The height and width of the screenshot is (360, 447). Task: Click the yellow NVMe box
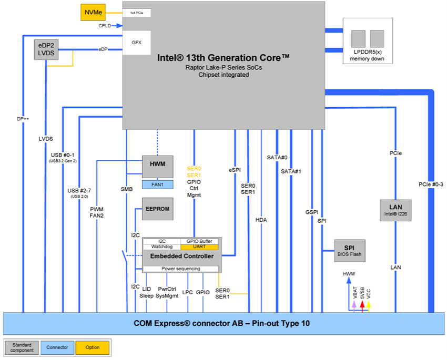click(93, 12)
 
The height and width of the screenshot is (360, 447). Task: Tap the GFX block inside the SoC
click(137, 42)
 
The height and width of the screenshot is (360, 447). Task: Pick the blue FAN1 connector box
click(158, 184)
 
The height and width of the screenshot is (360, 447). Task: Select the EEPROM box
click(157, 209)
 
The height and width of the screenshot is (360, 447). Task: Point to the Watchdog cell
click(161, 246)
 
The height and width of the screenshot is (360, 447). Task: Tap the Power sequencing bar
click(180, 269)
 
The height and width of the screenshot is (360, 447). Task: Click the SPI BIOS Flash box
click(349, 251)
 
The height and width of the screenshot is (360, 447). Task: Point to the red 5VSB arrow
click(362, 305)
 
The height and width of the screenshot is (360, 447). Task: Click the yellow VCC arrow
click(369, 305)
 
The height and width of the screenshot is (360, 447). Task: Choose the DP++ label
click(23, 119)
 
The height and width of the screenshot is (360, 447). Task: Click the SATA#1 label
click(291, 171)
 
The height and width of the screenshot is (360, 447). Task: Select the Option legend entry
click(92, 347)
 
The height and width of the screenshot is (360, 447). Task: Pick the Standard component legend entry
click(22, 347)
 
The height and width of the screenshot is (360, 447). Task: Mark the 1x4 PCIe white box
click(137, 12)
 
